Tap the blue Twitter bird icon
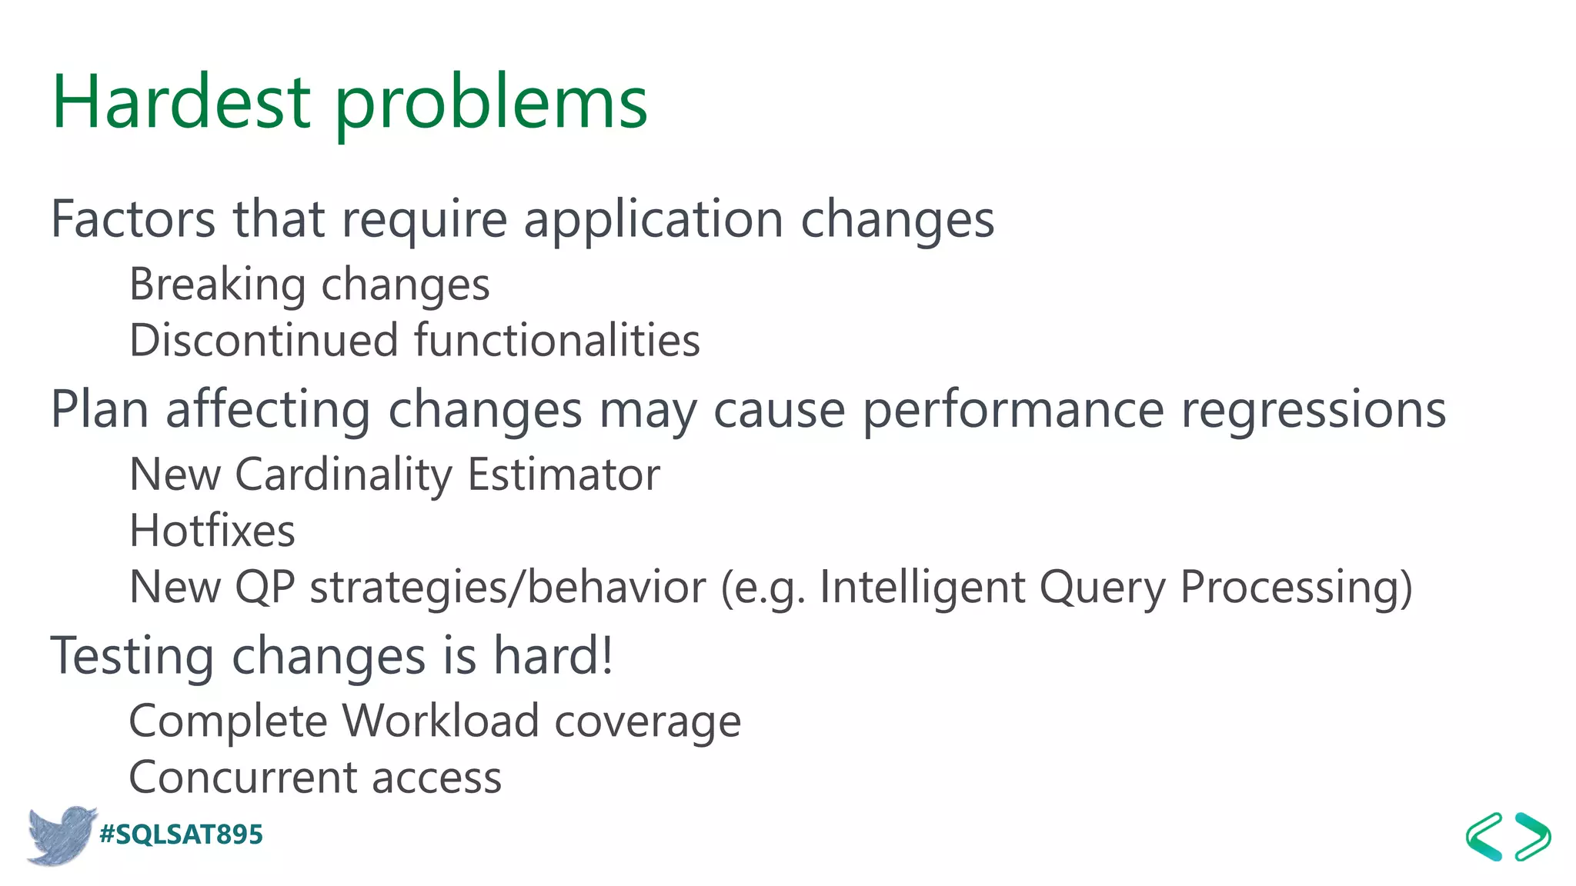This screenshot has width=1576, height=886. pos(60,835)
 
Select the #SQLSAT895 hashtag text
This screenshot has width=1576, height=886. pos(182,834)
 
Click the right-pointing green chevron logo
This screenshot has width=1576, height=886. pos(1533,836)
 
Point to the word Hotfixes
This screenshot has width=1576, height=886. pos(212,531)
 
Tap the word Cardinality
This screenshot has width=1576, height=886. pos(343,475)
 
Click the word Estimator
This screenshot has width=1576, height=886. pos(563,475)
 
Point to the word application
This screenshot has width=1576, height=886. pos(653,221)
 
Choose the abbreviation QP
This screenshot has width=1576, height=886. pos(265,588)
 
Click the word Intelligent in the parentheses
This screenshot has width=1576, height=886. pos(922,588)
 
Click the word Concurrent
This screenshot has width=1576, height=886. pos(242,778)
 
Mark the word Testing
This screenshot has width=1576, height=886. pos(132,658)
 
